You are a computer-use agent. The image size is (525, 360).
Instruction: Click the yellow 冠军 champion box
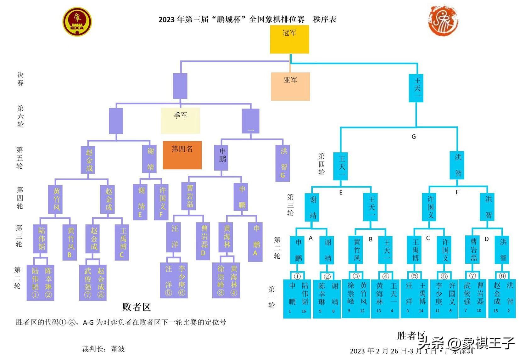(289, 39)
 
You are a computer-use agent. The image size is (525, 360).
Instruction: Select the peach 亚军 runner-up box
(290, 86)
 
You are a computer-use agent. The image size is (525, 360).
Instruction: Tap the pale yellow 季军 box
(180, 121)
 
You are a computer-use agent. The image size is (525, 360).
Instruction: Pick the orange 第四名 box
(182, 155)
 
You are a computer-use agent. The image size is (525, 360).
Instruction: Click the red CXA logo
(77, 22)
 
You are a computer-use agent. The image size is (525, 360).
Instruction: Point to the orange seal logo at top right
(443, 20)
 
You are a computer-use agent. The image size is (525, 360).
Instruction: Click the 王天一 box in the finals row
(416, 88)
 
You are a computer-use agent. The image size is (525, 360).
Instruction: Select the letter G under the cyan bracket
(414, 137)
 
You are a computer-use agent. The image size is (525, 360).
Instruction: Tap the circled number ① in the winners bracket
(297, 276)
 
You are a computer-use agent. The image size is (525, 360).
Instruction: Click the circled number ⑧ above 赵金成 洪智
(502, 276)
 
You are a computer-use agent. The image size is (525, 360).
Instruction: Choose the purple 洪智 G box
(282, 163)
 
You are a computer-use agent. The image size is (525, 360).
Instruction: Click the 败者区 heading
(136, 307)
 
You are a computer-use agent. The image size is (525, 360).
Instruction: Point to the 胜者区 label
(411, 335)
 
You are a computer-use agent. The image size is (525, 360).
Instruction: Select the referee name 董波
(118, 349)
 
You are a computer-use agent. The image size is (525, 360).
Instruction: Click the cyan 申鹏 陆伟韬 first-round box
(297, 298)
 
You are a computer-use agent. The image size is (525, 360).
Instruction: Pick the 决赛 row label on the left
(20, 79)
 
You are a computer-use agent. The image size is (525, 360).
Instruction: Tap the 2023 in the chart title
(166, 20)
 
